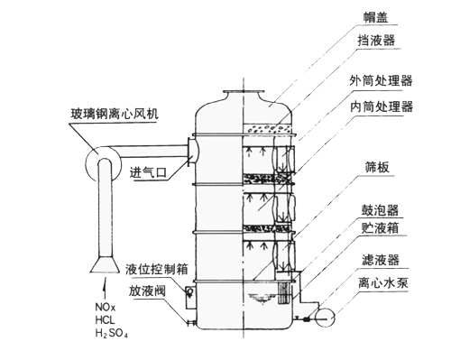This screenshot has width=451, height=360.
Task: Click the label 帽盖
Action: coord(375,17)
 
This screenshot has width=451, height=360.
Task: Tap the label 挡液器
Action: coord(376,41)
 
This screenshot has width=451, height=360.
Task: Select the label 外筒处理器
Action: coord(381,80)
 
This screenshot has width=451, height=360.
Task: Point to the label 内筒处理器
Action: coord(382,106)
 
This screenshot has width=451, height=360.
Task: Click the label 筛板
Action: coord(377,167)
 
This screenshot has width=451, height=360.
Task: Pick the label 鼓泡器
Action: coord(380,210)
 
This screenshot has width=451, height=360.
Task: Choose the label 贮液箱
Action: coord(380,228)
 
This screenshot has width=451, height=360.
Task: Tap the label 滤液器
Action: coord(381,260)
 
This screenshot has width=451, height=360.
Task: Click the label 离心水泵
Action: coord(383,282)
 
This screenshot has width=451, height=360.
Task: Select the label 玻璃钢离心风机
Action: coord(114,114)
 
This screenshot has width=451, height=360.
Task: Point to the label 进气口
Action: coord(148,172)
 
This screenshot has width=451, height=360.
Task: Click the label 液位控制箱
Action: coord(156,269)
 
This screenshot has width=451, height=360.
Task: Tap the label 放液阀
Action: coord(147,291)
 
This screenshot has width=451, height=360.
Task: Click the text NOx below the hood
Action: coord(106,308)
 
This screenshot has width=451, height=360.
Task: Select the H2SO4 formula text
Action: coord(111,333)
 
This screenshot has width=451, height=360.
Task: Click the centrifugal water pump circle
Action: coord(325,318)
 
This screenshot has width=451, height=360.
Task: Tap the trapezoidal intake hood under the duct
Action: coord(105,264)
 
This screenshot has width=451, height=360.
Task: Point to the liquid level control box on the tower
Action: coord(189,297)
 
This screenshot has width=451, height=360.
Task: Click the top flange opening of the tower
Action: coord(243,91)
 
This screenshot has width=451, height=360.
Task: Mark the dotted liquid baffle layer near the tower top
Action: coord(267,129)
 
